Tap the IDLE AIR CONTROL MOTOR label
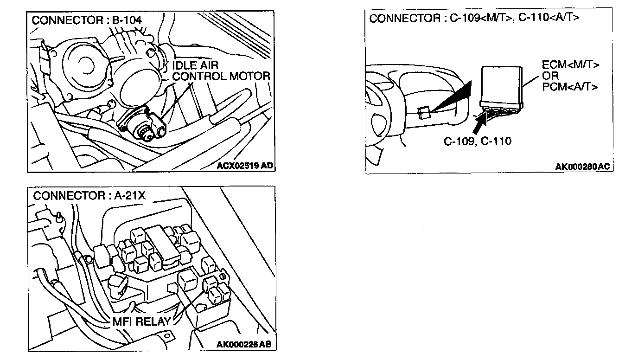(x=221, y=71)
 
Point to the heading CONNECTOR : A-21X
(x=89, y=196)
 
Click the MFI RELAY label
(x=141, y=321)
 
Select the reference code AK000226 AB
(x=244, y=344)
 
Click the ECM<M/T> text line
(x=570, y=64)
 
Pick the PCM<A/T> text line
(x=570, y=87)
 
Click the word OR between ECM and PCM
(x=550, y=76)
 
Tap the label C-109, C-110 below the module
(x=477, y=141)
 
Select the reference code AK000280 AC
(x=582, y=167)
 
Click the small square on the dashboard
(x=423, y=113)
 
